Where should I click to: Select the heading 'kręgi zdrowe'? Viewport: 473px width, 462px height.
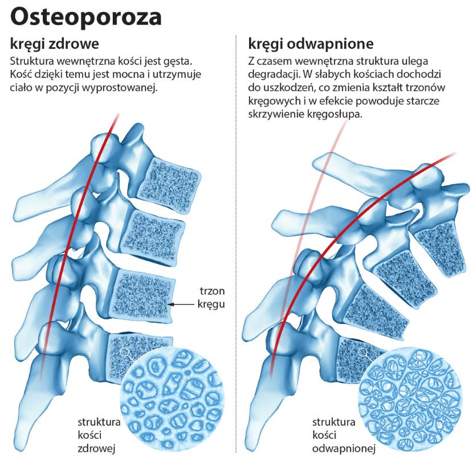point(55,44)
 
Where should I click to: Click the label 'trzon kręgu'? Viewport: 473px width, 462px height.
point(211,297)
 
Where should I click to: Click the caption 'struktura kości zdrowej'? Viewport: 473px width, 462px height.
point(98,435)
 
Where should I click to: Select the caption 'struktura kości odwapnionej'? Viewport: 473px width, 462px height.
point(337,435)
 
